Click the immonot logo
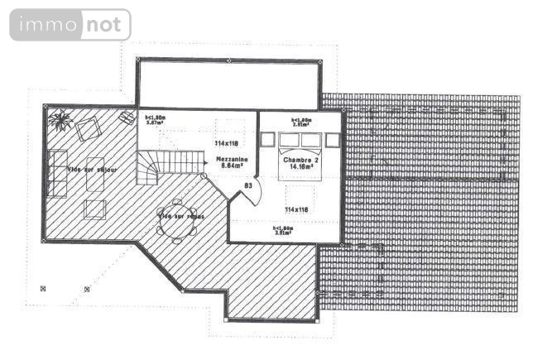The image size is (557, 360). (x=70, y=25)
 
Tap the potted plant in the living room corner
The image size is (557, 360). (x=60, y=121)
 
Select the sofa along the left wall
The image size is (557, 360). (x=57, y=172)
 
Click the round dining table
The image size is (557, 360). (x=175, y=219)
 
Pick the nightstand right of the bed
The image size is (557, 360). (x=333, y=140)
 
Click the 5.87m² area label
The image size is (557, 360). (x=155, y=122)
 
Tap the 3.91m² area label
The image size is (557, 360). (x=284, y=232)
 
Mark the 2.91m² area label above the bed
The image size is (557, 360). (x=300, y=124)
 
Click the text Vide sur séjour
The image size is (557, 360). (x=93, y=170)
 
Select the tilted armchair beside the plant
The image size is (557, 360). (x=89, y=128)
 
